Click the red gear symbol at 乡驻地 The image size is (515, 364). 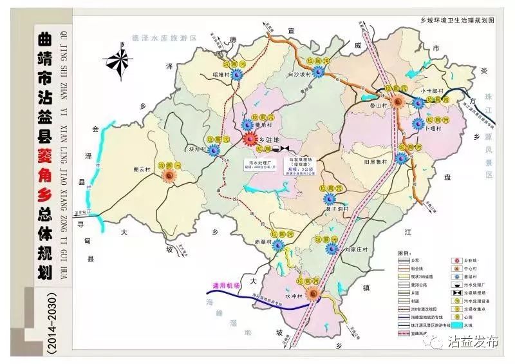click(x=248, y=139)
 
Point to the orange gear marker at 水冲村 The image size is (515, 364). click(x=314, y=293)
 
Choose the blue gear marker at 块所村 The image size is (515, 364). click(x=213, y=149)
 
